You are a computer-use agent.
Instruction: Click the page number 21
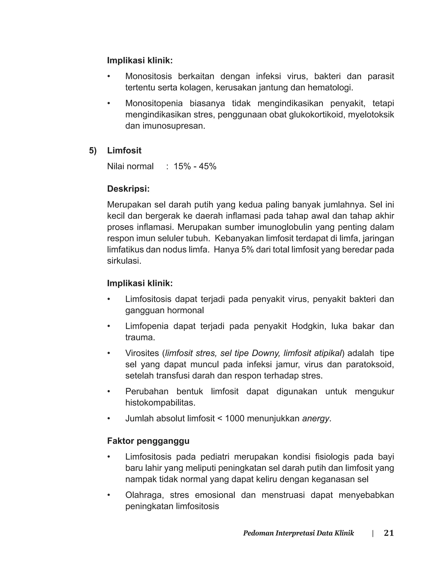point(389,533)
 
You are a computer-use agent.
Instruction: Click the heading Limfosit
point(124,151)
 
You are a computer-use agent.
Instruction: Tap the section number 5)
point(93,151)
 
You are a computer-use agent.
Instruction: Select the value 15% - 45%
point(195,167)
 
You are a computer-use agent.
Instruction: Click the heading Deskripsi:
point(128,189)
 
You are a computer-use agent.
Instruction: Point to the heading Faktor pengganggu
point(148,441)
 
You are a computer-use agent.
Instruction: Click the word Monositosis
point(148,76)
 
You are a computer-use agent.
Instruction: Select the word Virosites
point(142,353)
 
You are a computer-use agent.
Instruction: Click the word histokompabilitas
point(160,403)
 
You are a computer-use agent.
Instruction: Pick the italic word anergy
point(315,418)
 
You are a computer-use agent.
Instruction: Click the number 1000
point(234,418)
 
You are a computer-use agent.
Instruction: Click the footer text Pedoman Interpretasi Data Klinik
point(299,533)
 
